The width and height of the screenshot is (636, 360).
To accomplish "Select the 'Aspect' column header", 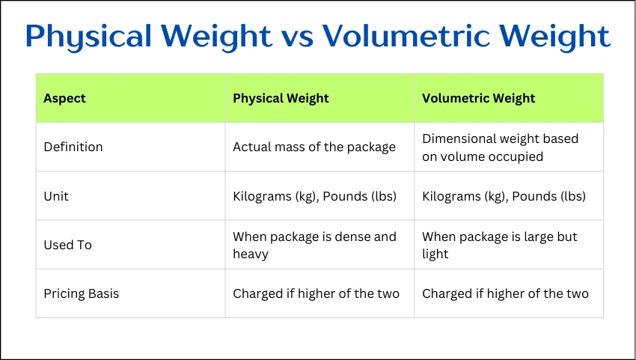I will click(x=64, y=98).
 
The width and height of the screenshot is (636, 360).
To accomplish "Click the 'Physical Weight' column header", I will click(x=281, y=98).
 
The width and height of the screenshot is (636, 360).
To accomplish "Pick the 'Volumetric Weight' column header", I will click(x=478, y=98).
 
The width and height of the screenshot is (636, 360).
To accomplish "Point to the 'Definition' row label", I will click(x=73, y=147).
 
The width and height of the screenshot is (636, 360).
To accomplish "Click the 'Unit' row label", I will click(x=56, y=196).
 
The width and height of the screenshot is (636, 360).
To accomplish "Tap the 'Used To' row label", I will click(x=68, y=245).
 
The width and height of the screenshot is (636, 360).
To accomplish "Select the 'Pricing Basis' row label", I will click(x=81, y=293).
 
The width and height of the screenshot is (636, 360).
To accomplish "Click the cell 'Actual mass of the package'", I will click(x=314, y=147).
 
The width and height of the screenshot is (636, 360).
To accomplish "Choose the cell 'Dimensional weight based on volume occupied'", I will click(x=500, y=147).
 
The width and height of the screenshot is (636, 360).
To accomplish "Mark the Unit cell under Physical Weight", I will click(x=314, y=196).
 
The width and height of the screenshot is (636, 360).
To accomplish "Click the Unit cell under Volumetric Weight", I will click(x=504, y=196).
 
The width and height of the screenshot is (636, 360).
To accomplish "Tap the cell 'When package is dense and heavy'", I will click(x=314, y=245).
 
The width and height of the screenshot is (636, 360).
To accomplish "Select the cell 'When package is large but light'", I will click(x=499, y=245).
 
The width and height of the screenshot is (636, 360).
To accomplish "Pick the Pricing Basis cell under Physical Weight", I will click(x=316, y=293).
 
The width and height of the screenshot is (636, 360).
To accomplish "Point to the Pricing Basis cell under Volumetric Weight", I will click(x=505, y=293).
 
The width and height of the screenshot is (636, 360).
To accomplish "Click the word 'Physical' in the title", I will click(x=93, y=37).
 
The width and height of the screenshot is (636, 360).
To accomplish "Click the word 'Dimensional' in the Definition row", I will click(x=459, y=138).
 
